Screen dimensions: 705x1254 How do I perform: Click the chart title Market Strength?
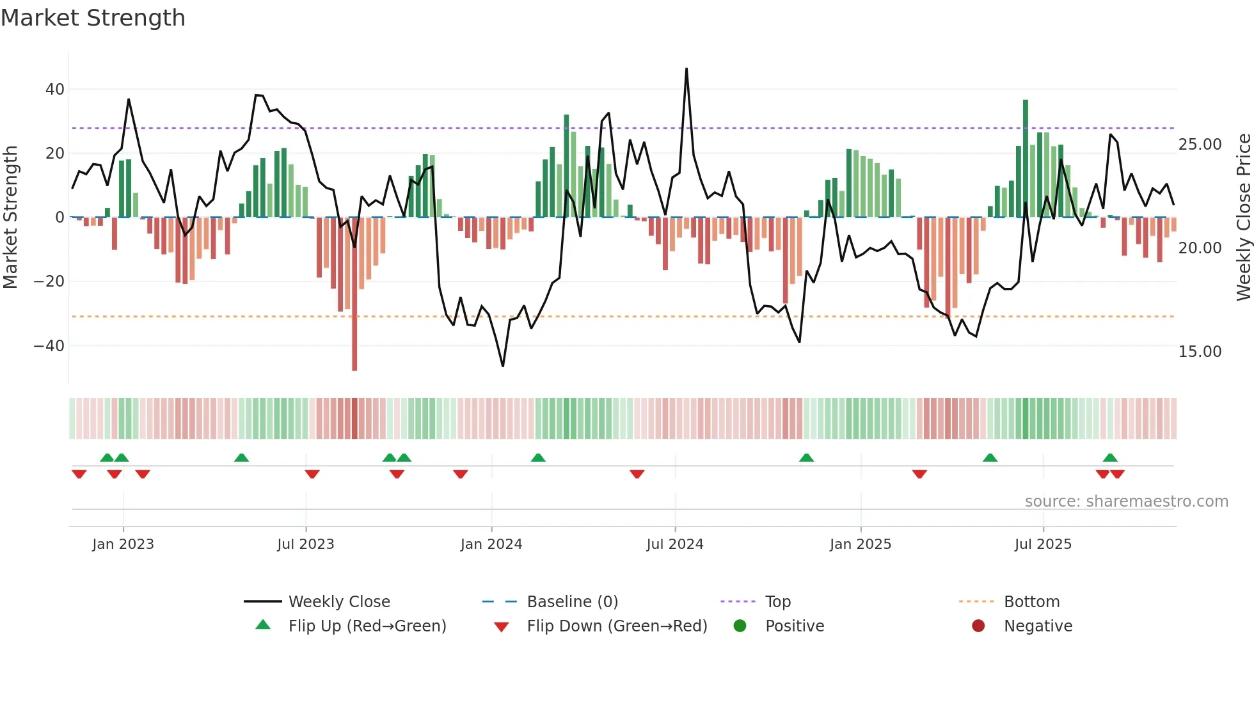[93, 18]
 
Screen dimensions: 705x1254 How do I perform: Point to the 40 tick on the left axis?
[55, 90]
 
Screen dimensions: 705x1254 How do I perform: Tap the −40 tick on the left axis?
[49, 346]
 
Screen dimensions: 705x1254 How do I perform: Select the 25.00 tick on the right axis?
[1200, 145]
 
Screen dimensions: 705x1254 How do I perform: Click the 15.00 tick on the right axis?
[1200, 352]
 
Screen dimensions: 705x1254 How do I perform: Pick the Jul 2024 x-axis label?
[674, 544]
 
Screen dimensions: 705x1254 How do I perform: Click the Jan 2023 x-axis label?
[123, 544]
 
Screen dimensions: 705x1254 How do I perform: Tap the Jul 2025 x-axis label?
[1042, 544]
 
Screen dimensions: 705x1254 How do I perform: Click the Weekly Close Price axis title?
[1243, 218]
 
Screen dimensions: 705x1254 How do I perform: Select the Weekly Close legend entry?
[338, 602]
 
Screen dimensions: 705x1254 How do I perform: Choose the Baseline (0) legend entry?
[572, 602]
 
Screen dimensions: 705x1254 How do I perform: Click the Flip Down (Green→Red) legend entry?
[616, 626]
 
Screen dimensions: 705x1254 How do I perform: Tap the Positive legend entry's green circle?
[740, 626]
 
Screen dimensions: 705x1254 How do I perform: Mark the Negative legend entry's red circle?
[978, 626]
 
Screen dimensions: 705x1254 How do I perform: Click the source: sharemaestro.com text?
[1126, 502]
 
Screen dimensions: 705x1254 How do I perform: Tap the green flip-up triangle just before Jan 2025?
[806, 458]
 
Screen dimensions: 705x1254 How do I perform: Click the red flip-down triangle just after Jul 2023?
[312, 474]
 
